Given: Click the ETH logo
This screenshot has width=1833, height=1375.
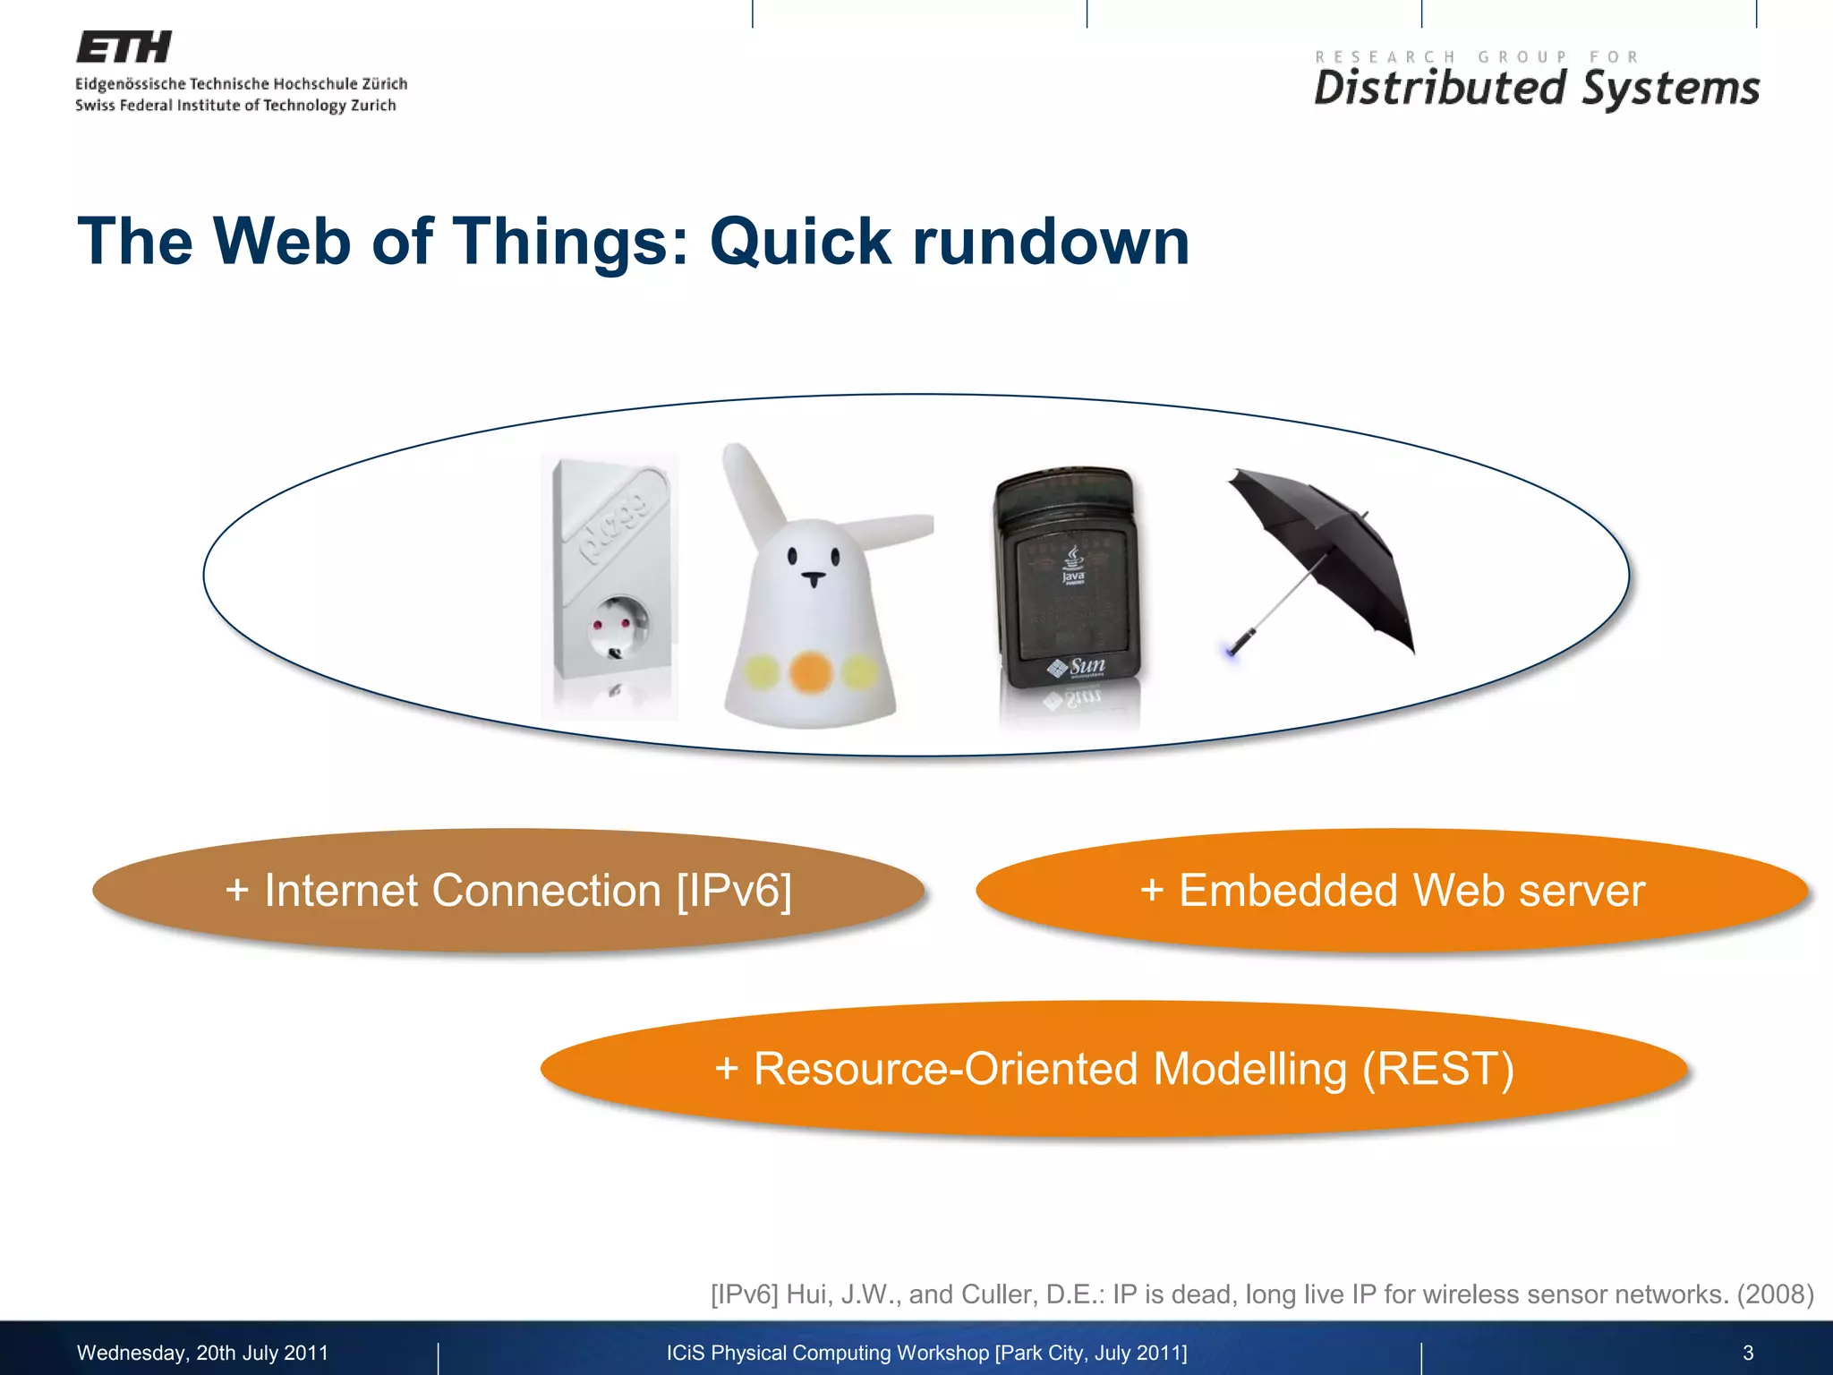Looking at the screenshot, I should coord(124,47).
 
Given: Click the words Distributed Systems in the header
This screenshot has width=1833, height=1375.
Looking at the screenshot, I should coord(1536,89).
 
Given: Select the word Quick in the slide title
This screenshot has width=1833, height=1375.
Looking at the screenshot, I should coord(800,242).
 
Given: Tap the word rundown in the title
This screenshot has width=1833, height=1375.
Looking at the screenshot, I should coord(1051,242).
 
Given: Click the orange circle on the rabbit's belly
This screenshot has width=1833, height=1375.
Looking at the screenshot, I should coord(811,671).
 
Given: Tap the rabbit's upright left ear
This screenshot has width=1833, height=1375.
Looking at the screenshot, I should coord(751,483).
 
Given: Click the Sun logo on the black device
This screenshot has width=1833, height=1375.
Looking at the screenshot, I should coord(1078,667).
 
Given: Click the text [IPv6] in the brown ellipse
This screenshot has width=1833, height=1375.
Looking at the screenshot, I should coord(734,891).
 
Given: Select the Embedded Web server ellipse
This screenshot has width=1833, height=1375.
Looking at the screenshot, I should coord(1392,891).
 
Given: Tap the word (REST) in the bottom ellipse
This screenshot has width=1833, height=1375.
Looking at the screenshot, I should coord(1437,1069).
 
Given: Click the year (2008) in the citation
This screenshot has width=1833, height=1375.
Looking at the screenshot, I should coord(1775,1294).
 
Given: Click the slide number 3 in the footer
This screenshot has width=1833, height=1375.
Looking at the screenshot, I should coord(1747,1353).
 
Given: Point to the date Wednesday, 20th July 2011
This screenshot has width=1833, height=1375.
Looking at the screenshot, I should coord(202,1353).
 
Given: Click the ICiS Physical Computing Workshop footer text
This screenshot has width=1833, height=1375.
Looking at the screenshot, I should coord(926,1353).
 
